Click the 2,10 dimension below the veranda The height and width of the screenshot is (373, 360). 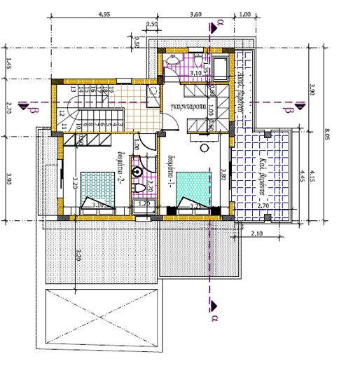(x=256, y=233)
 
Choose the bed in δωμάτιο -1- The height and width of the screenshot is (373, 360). (x=192, y=190)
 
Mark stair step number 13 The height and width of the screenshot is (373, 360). (x=72, y=90)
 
